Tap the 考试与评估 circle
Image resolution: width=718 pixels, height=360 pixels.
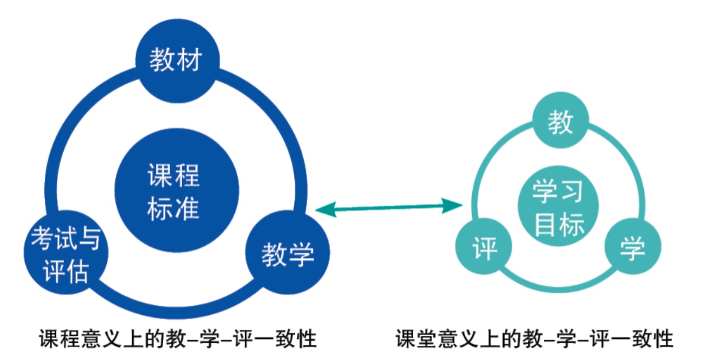pyautogui.click(x=66, y=255)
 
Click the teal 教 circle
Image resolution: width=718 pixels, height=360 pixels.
pyautogui.click(x=560, y=123)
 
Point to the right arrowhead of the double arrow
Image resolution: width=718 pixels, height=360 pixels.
pyautogui.click(x=454, y=205)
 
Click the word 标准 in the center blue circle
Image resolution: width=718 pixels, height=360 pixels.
pyautogui.click(x=174, y=208)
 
